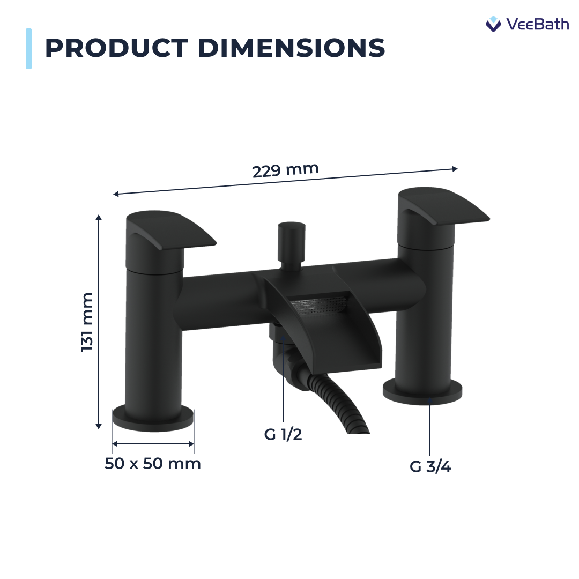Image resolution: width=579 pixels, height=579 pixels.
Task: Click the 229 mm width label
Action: coord(285,170)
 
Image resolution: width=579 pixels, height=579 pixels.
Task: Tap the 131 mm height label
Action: coord(87,322)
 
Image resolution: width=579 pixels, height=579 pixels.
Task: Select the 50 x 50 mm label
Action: coord(153,464)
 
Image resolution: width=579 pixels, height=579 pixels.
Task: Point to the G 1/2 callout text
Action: coord(283,435)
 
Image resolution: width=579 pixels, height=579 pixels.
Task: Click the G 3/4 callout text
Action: coord(430,467)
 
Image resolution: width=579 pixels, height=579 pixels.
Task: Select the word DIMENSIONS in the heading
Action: coord(292,48)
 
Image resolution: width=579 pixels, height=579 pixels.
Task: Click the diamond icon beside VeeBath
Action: coord(493,24)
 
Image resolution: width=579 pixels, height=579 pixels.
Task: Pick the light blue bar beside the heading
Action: coord(28,49)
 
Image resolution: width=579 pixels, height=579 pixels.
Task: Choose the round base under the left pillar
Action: coord(153,418)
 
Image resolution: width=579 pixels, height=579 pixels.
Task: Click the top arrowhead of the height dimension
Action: coord(99,217)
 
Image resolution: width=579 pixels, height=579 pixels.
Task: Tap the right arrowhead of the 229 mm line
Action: coord(455,168)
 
